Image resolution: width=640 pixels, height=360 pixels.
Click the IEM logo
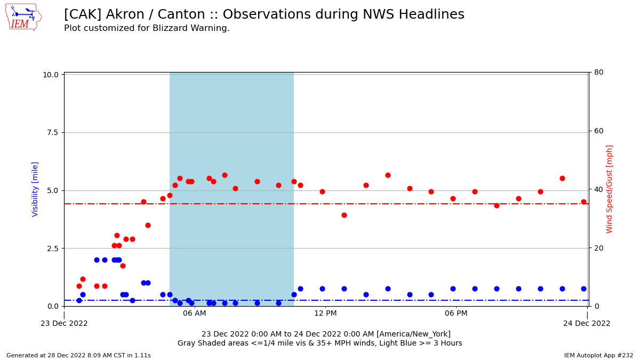(x=22, y=17)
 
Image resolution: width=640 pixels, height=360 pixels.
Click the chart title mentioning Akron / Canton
(x=264, y=15)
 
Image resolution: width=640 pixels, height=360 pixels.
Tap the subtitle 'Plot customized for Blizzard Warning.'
(x=147, y=28)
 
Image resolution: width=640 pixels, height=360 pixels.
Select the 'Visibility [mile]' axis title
(x=35, y=189)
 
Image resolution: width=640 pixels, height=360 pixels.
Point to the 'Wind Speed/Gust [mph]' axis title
(x=610, y=189)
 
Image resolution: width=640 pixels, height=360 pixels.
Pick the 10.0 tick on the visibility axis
(x=50, y=75)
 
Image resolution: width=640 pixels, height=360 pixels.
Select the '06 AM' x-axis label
(x=195, y=314)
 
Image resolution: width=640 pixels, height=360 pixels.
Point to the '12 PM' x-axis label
(x=325, y=314)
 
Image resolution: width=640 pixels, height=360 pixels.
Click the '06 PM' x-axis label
(x=456, y=314)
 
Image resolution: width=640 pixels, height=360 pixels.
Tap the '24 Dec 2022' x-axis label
(x=587, y=323)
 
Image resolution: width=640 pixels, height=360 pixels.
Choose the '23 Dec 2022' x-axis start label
(x=64, y=323)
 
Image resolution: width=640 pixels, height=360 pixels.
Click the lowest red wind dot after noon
(x=344, y=215)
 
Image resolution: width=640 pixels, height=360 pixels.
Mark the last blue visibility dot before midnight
(x=583, y=289)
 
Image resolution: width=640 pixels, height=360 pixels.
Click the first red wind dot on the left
(x=79, y=286)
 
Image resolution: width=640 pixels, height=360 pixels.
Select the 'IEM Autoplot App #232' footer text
(x=598, y=355)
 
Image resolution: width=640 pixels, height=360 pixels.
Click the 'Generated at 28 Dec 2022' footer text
(x=78, y=355)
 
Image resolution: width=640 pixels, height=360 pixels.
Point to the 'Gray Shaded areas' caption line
(x=320, y=343)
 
